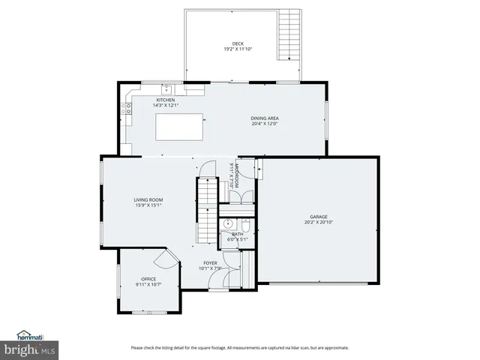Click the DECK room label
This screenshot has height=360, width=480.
pos(237,43)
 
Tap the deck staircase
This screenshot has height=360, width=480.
pos(289,35)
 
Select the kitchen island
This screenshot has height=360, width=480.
pos(181,127)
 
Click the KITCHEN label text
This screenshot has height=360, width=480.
pos(166,100)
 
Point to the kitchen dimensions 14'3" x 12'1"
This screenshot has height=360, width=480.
pos(166,106)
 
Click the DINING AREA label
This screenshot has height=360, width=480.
pos(265,118)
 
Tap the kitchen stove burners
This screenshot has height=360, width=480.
pos(128,108)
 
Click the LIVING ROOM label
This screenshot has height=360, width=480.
pos(148,199)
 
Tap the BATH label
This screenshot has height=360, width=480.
pos(237,234)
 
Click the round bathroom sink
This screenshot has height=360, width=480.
pos(227,223)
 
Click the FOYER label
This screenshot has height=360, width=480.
pos(209,263)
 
